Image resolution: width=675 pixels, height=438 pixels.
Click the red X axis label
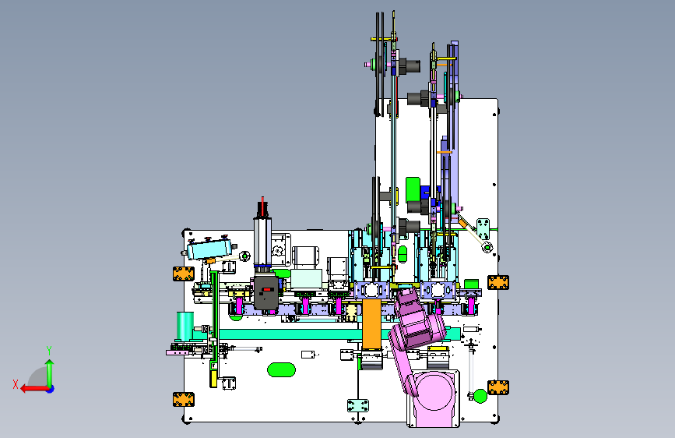point(16,384)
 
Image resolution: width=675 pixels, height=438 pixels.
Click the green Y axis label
point(49,350)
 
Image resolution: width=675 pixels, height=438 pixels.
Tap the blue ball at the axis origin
point(51,389)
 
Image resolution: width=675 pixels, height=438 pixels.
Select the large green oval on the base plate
point(281,370)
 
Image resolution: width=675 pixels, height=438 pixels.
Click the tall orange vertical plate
point(371,323)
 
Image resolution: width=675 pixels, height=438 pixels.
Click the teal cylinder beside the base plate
point(185,326)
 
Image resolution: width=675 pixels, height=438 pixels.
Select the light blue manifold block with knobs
point(209,249)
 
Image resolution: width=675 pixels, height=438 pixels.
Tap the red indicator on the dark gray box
point(267,290)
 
